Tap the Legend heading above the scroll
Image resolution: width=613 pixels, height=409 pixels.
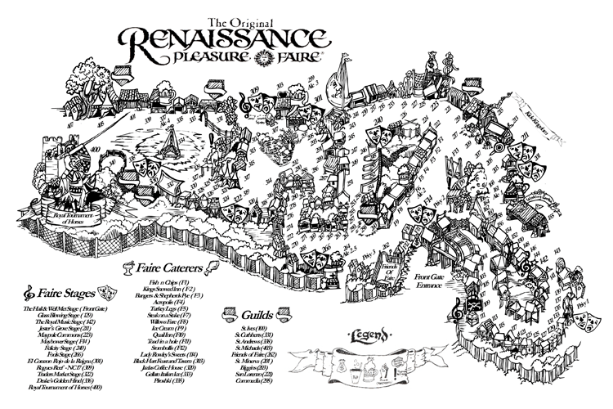[369, 336]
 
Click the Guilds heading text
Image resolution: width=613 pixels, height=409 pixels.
[259, 313]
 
